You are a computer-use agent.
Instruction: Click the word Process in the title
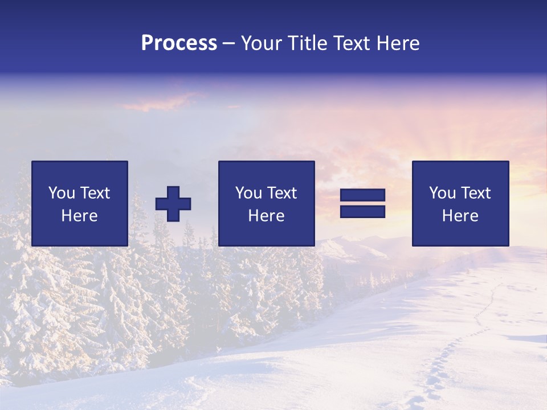pyautogui.click(x=179, y=43)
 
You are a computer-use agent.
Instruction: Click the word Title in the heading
pyautogui.click(x=307, y=43)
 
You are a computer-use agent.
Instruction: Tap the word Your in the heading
pyautogui.click(x=261, y=43)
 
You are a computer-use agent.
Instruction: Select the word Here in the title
pyautogui.click(x=397, y=43)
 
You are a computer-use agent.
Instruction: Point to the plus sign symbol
pyautogui.click(x=173, y=204)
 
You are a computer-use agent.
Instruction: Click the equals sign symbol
pyautogui.click(x=362, y=203)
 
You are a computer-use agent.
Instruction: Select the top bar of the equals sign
pyautogui.click(x=362, y=195)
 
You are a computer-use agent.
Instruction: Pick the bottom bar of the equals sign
pyautogui.click(x=362, y=211)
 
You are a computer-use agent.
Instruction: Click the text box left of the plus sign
pyautogui.click(x=80, y=203)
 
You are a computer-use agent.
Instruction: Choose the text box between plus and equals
pyautogui.click(x=266, y=203)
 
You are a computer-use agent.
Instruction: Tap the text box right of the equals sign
pyautogui.click(x=460, y=203)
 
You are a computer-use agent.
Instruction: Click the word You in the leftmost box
pyautogui.click(x=61, y=193)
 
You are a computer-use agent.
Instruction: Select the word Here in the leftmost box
pyautogui.click(x=80, y=216)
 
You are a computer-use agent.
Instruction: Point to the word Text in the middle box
pyautogui.click(x=281, y=193)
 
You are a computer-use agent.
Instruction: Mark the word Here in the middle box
pyautogui.click(x=266, y=216)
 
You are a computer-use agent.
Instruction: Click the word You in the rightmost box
pyautogui.click(x=442, y=193)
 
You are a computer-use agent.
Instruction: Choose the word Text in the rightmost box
pyautogui.click(x=475, y=193)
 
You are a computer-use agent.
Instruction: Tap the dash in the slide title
pyautogui.click(x=228, y=44)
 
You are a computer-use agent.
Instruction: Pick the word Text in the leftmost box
pyautogui.click(x=95, y=193)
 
